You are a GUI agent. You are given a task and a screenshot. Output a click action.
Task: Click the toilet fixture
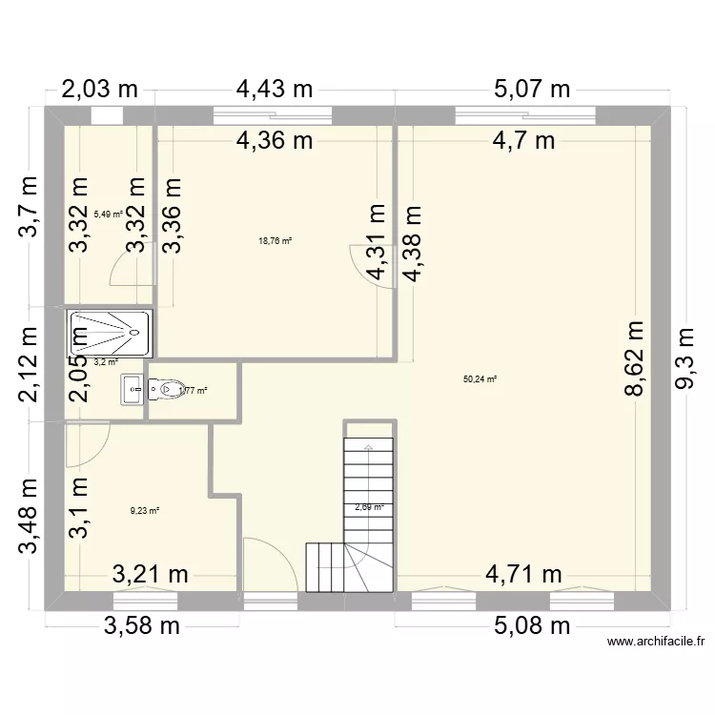[x=166, y=390]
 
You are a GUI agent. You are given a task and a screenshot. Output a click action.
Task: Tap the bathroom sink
[x=133, y=389]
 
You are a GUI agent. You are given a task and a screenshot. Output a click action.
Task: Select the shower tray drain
[x=134, y=333]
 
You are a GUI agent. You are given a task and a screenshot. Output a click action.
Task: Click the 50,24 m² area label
[x=480, y=378]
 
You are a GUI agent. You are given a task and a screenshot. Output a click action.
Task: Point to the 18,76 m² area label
[x=275, y=241]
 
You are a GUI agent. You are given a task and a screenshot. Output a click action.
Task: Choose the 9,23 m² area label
[x=145, y=511]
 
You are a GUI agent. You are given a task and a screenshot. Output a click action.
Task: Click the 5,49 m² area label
[x=108, y=214]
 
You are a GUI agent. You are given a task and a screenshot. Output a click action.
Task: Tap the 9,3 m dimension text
[x=684, y=358]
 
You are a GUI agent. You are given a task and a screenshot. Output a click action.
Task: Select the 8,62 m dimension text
[x=634, y=358]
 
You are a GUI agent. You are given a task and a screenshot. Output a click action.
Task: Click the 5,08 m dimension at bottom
[x=532, y=626]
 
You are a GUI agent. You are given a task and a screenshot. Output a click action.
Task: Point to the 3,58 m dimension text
[x=142, y=626]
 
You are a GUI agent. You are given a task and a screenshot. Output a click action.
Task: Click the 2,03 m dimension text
[x=99, y=90]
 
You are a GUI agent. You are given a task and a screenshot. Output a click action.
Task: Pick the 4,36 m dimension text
[x=275, y=141]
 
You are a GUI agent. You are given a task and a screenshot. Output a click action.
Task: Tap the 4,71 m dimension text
[x=523, y=575]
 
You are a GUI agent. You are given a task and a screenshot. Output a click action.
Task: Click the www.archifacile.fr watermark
[x=656, y=642]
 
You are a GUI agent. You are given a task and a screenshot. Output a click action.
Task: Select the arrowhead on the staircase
[x=368, y=447]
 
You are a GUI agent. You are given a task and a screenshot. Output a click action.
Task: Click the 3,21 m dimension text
[x=150, y=575]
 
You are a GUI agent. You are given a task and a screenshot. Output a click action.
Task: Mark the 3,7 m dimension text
[x=28, y=207]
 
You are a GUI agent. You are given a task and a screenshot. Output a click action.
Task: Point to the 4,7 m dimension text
[x=523, y=141]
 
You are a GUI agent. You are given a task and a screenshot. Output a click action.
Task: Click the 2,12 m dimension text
[x=28, y=364]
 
